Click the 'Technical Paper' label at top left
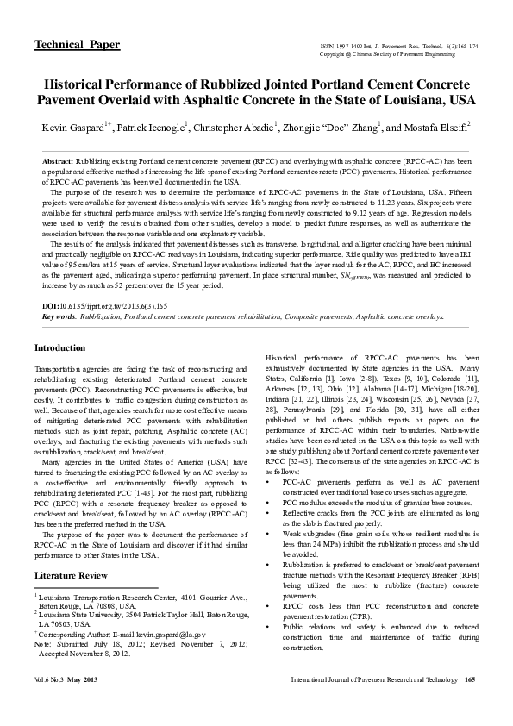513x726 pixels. [76, 45]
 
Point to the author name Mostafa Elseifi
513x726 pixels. [437, 128]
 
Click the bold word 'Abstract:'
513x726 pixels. [58, 162]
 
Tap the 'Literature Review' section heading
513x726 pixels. [73, 574]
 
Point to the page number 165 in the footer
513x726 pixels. [470, 706]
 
